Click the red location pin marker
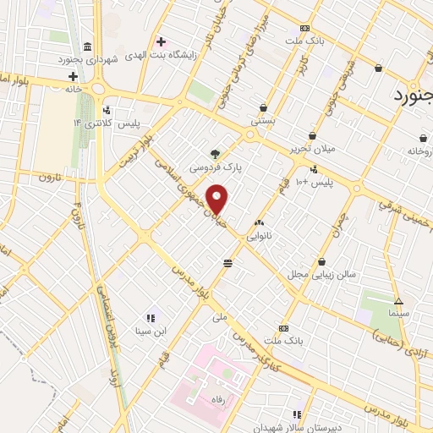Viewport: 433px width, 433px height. pyautogui.click(x=218, y=199)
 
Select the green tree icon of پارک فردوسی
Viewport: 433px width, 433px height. pyautogui.click(x=216, y=155)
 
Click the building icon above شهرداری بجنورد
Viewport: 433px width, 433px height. pyautogui.click(x=88, y=46)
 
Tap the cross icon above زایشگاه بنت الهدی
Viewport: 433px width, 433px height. pyautogui.click(x=160, y=41)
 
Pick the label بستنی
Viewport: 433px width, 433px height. pyautogui.click(x=263, y=122)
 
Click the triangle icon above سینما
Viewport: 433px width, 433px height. pyautogui.click(x=399, y=301)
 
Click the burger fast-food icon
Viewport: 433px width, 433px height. pyautogui.click(x=227, y=263)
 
